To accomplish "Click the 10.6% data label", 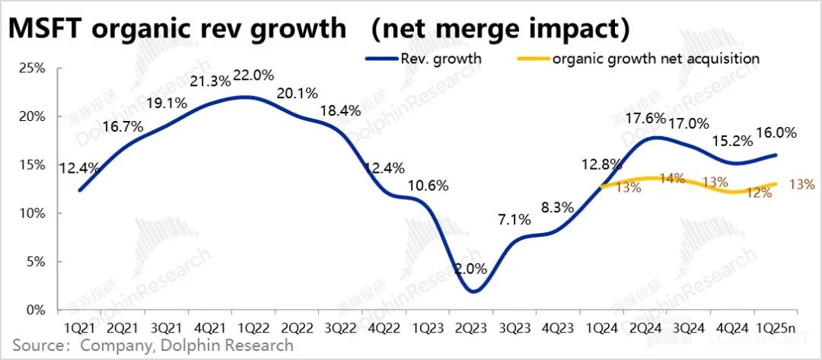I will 429,185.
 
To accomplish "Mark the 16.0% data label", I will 776,132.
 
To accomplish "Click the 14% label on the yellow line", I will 672,178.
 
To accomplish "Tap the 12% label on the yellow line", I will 757,193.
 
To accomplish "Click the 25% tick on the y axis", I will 31,68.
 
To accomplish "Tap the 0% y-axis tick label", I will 35,311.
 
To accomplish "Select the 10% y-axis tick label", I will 31,214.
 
